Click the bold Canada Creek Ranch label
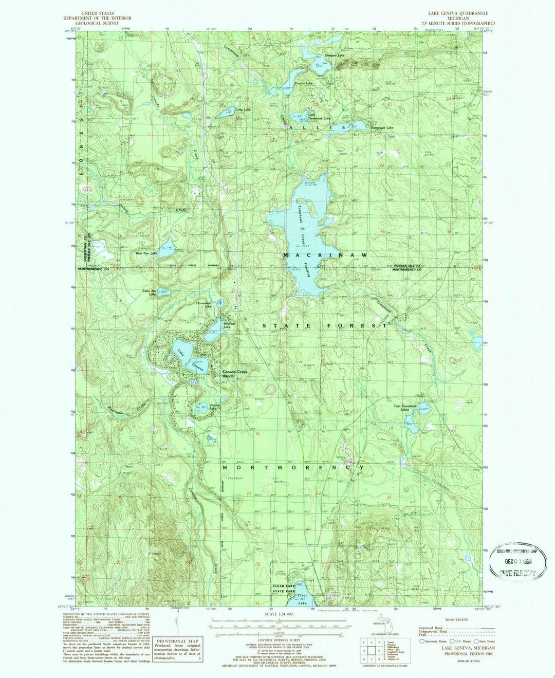[x=228, y=374]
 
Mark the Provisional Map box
[x=178, y=649]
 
